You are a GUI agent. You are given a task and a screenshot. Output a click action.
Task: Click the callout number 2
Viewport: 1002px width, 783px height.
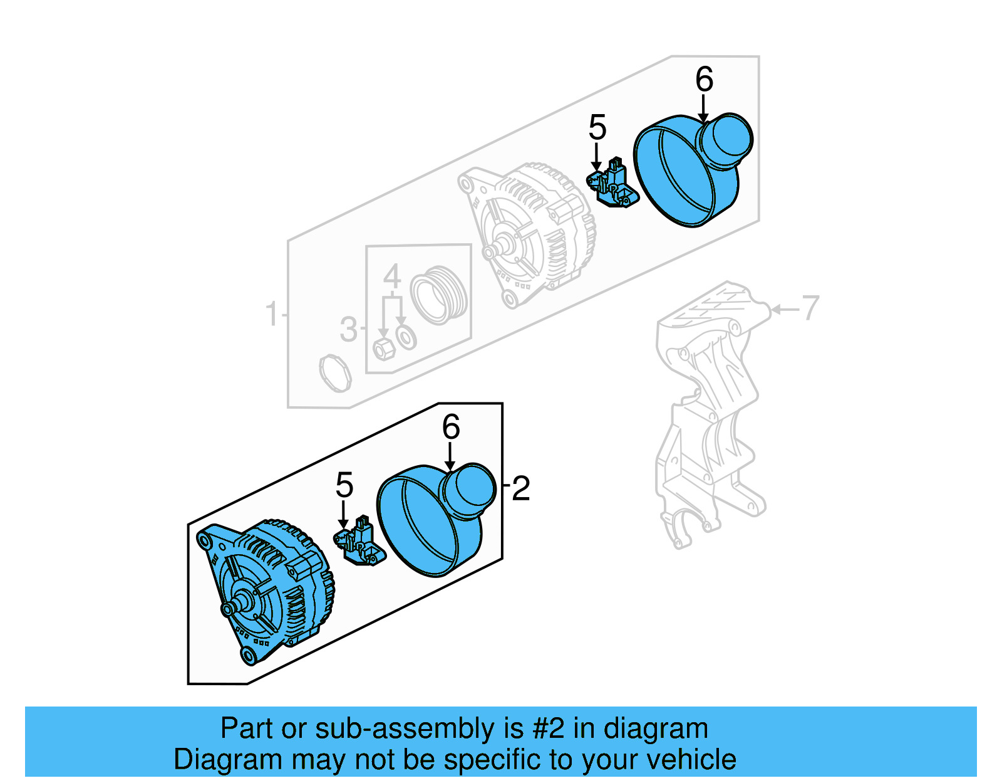click(521, 488)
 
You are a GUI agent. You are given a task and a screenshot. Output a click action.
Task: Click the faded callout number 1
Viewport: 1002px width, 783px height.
click(271, 313)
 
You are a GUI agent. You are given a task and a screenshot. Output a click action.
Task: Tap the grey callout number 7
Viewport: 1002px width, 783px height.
click(810, 308)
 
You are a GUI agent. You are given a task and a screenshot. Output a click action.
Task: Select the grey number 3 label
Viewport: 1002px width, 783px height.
click(348, 329)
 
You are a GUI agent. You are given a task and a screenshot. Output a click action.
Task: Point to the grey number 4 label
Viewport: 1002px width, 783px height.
click(392, 276)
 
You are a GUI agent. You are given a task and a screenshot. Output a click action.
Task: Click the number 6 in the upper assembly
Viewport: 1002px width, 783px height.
click(704, 80)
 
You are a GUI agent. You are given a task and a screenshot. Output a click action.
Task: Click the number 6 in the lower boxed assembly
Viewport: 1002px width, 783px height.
click(451, 428)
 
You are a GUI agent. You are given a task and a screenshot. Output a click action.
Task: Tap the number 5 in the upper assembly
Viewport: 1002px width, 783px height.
click(597, 128)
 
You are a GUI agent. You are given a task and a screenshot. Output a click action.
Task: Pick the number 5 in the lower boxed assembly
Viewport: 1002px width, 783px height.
click(344, 485)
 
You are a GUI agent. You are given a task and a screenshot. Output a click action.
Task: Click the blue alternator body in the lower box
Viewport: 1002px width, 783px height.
click(276, 589)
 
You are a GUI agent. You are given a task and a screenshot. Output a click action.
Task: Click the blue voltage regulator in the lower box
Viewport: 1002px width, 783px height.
click(359, 542)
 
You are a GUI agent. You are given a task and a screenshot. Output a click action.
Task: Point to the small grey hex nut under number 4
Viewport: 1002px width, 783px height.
click(383, 348)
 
